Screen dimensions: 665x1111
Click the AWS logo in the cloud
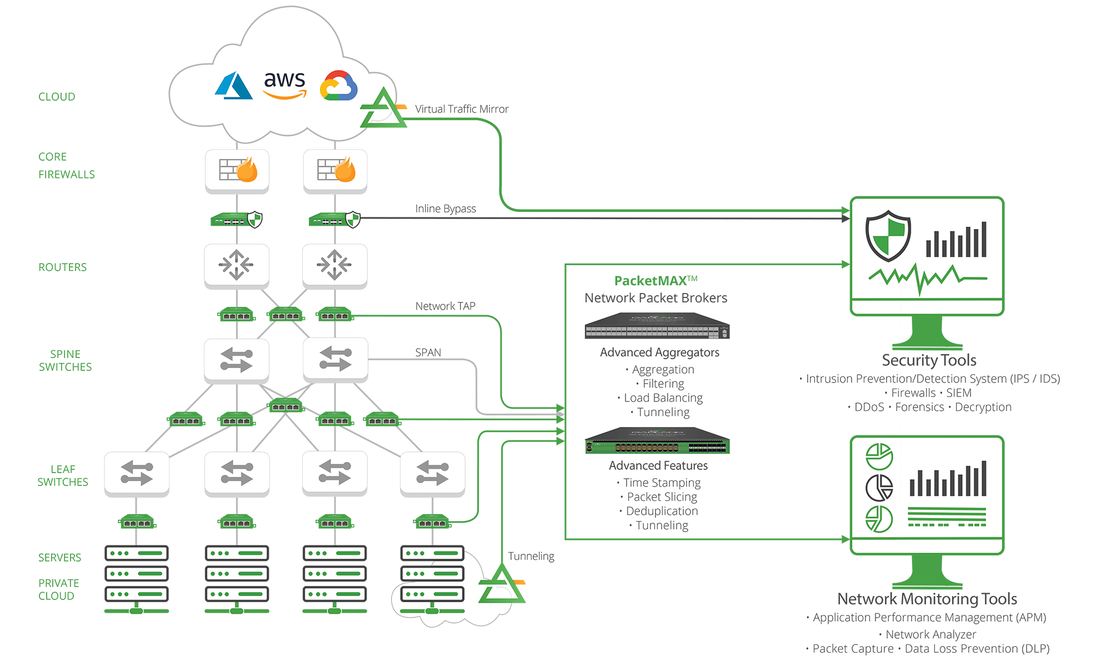pyautogui.click(x=284, y=85)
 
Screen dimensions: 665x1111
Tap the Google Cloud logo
pyautogui.click(x=338, y=86)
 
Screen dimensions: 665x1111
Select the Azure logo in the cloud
pyautogui.click(x=233, y=86)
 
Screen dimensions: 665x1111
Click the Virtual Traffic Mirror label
pyautogui.click(x=461, y=109)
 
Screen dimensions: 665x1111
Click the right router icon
pyautogui.click(x=334, y=265)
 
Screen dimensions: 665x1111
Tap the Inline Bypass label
pyautogui.click(x=446, y=209)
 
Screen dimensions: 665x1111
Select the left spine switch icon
pyautogui.click(x=237, y=360)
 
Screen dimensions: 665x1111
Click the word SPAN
pyautogui.click(x=428, y=352)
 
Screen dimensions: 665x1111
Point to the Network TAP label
pyautogui.click(x=445, y=306)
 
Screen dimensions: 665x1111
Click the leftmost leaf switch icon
pyautogui.click(x=137, y=473)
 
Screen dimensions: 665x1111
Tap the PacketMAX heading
pyautogui.click(x=655, y=281)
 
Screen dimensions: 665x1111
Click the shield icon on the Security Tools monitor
pyautogui.click(x=888, y=236)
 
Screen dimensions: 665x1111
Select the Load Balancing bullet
pyautogui.click(x=663, y=398)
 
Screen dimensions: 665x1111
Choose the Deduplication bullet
pyautogui.click(x=662, y=511)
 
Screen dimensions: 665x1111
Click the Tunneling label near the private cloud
pyautogui.click(x=531, y=556)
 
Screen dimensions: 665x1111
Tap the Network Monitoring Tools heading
pyautogui.click(x=927, y=599)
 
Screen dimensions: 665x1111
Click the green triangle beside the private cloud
pyautogui.click(x=502, y=585)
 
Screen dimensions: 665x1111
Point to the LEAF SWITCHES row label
pyautogui.click(x=63, y=475)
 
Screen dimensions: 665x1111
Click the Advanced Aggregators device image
pyautogui.click(x=657, y=326)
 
